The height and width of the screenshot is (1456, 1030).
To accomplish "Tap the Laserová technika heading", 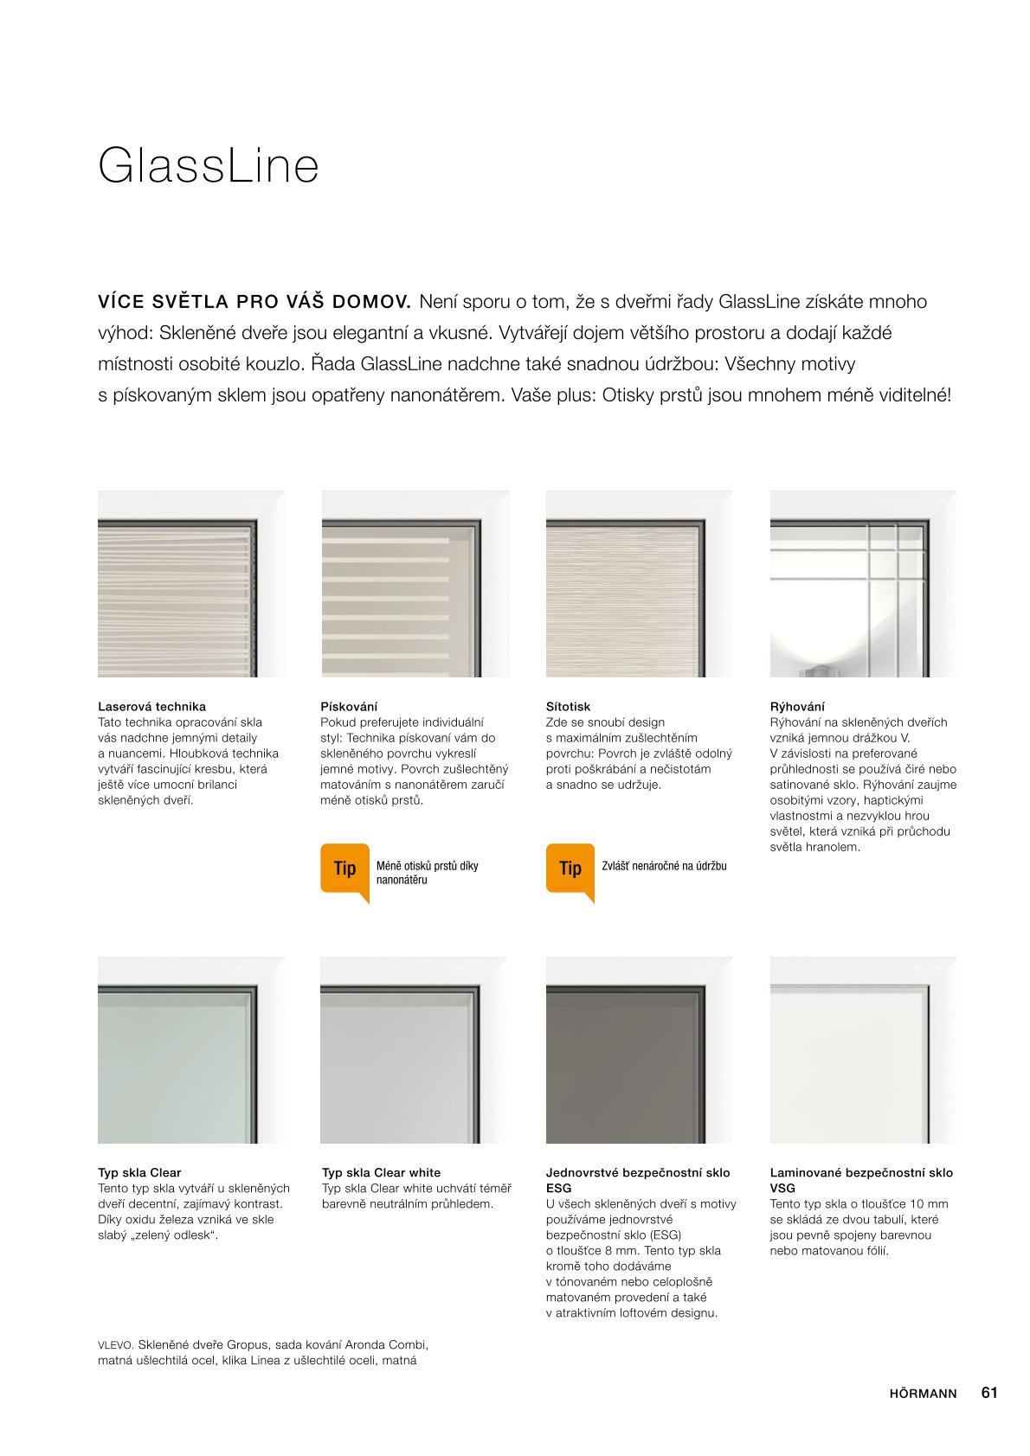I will click(x=151, y=707).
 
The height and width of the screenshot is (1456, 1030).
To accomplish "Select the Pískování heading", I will click(x=349, y=707).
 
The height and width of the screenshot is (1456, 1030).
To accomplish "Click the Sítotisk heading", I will click(x=568, y=707).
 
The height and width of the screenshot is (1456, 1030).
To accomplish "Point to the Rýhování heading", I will click(x=797, y=707).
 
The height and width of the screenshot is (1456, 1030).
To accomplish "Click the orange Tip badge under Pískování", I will click(x=344, y=869).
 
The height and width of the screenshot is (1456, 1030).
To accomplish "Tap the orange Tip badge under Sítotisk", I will click(x=570, y=869).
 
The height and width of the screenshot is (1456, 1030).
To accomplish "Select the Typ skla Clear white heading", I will click(x=381, y=1173).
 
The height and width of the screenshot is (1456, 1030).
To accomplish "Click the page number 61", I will click(x=989, y=1393).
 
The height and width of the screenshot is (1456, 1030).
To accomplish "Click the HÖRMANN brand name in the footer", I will click(x=923, y=1394).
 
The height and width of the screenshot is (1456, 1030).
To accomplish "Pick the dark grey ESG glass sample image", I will click(x=639, y=1050).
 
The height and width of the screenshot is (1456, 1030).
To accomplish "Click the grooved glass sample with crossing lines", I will click(x=863, y=584).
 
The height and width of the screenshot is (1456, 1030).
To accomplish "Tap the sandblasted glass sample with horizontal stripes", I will click(x=415, y=584).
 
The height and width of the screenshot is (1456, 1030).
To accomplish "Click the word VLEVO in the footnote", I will click(x=115, y=1345).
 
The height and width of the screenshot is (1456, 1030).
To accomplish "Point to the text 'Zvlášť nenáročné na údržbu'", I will click(x=664, y=866).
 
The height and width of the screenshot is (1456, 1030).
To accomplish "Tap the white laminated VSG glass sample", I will click(x=863, y=1050).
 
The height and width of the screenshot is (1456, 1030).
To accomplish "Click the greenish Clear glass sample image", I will click(x=190, y=1050).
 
